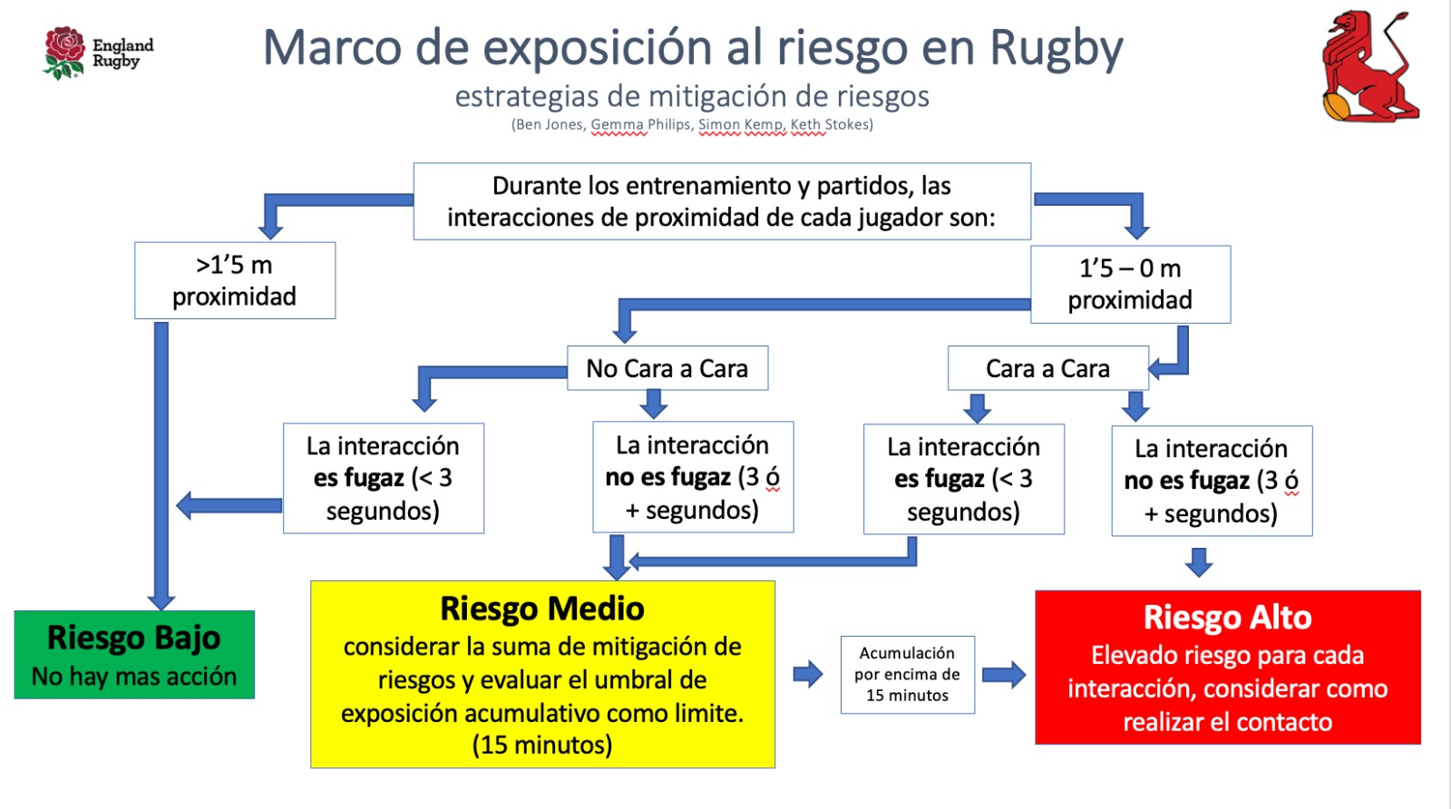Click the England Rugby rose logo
click(x=64, y=52)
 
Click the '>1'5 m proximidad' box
click(x=235, y=280)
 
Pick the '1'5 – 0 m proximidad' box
click(x=1130, y=284)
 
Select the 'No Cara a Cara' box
click(x=667, y=368)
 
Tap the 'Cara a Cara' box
click(x=1047, y=368)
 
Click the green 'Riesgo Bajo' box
click(x=134, y=655)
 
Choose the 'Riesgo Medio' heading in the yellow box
click(x=542, y=609)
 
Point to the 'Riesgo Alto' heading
click(x=1227, y=618)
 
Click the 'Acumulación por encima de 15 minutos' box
click(x=907, y=674)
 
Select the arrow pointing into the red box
click(x=1004, y=674)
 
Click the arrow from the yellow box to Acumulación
click(x=807, y=674)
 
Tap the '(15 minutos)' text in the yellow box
click(x=542, y=746)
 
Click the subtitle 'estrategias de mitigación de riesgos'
click(x=692, y=96)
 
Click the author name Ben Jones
click(x=550, y=125)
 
